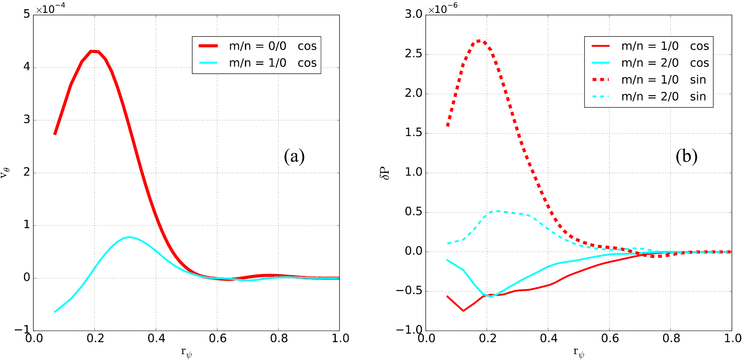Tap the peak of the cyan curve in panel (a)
point(129,237)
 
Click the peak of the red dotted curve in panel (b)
point(479,41)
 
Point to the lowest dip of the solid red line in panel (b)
point(463,310)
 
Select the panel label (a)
point(294,156)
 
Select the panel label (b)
point(686,156)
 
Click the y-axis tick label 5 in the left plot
point(27,14)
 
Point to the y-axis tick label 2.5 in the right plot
point(413,54)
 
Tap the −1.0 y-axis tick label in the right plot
point(409,330)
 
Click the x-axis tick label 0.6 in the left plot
point(217,339)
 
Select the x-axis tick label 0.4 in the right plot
point(548,339)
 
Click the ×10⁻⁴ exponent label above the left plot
point(50,8)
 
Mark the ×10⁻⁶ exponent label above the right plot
point(443,8)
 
